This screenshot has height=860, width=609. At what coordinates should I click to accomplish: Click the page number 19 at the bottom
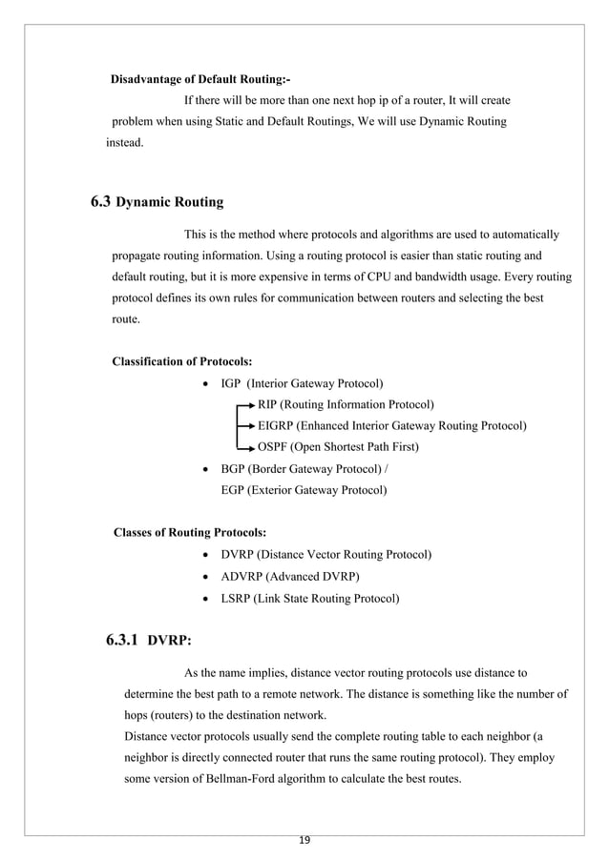tap(304, 840)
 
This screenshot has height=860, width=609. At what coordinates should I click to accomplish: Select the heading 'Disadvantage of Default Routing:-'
tap(201, 78)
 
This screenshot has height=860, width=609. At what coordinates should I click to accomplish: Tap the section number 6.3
tap(100, 201)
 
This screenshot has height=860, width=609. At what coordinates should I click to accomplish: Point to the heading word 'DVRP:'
tap(175, 641)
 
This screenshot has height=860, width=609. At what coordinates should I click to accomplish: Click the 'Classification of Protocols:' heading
tap(182, 361)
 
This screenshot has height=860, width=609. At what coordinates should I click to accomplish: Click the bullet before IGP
tap(208, 384)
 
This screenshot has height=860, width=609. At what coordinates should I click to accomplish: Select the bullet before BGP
tap(208, 470)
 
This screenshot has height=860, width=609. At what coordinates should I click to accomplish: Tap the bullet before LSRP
tap(208, 599)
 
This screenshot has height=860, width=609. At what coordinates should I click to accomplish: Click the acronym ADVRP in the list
tap(242, 576)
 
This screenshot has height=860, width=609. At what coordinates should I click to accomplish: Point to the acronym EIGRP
tap(276, 425)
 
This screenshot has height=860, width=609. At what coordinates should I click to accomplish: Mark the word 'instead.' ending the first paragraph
tap(124, 143)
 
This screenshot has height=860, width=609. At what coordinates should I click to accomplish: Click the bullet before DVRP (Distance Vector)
tap(208, 555)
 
